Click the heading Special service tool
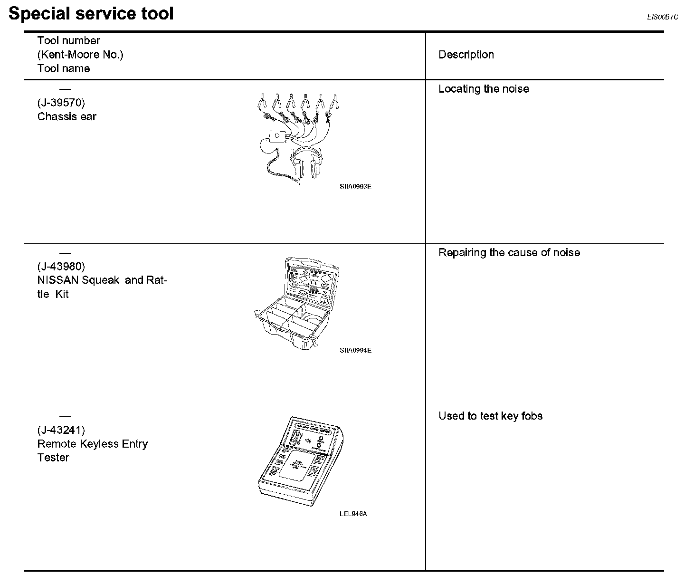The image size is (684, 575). click(91, 13)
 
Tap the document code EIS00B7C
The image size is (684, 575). click(662, 17)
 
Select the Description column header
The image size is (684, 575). click(466, 55)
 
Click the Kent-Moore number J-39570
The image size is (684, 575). click(61, 103)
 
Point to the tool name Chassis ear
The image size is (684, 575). click(67, 117)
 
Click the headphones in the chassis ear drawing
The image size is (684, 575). click(306, 162)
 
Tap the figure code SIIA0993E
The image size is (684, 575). click(355, 187)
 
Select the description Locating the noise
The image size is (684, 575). click(484, 89)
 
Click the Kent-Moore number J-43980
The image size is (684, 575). click(61, 266)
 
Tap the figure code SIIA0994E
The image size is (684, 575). click(355, 350)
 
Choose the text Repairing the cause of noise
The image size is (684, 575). click(509, 252)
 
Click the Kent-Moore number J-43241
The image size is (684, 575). click(61, 430)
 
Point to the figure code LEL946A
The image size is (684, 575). click(353, 514)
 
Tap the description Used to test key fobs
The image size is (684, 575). click(490, 416)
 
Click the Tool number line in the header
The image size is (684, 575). click(69, 41)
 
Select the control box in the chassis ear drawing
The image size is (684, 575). click(276, 136)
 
